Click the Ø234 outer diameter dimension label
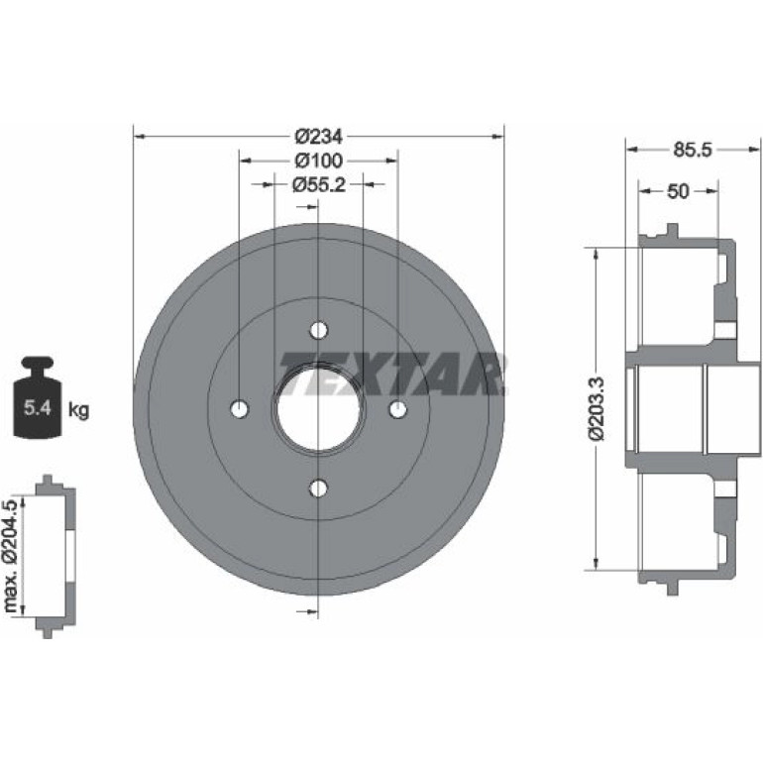[319, 137]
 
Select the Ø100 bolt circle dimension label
[319, 161]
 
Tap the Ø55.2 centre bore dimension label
[319, 184]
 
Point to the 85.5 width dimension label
[693, 150]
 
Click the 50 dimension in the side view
[678, 191]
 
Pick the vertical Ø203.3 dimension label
[598, 408]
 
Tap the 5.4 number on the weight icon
[38, 407]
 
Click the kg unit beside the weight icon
[79, 410]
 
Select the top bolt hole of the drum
[319, 330]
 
